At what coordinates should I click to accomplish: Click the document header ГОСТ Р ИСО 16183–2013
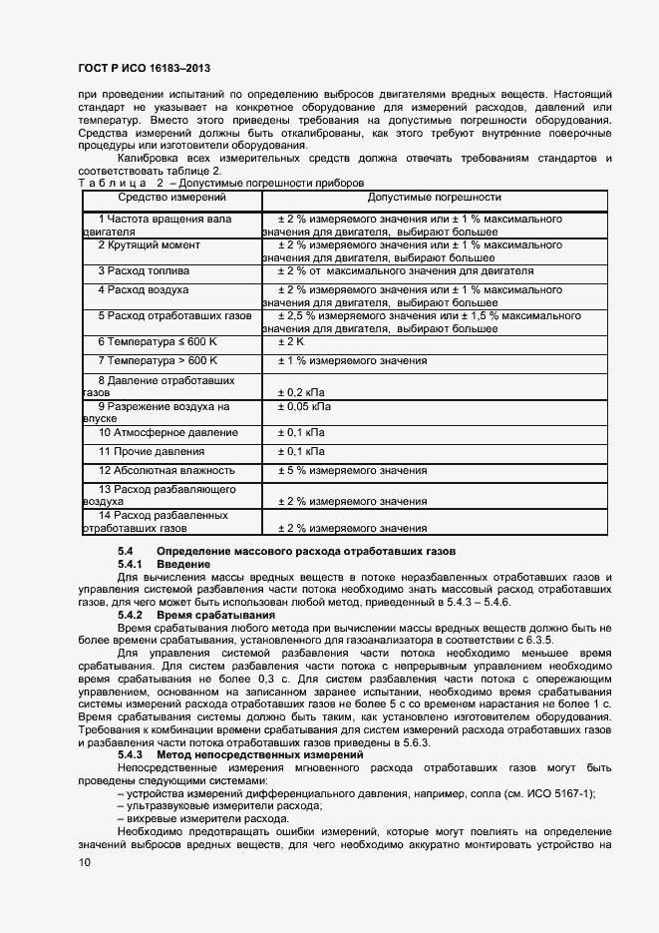click(144, 69)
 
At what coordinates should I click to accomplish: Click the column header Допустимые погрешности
click(434, 198)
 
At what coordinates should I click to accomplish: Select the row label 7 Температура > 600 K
click(157, 360)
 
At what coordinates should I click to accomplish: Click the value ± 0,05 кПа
click(303, 407)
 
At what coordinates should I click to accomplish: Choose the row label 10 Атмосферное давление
click(167, 433)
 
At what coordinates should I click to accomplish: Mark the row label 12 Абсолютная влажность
click(165, 470)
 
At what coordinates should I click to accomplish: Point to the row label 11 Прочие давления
click(152, 452)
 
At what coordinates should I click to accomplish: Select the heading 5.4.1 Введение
click(164, 565)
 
